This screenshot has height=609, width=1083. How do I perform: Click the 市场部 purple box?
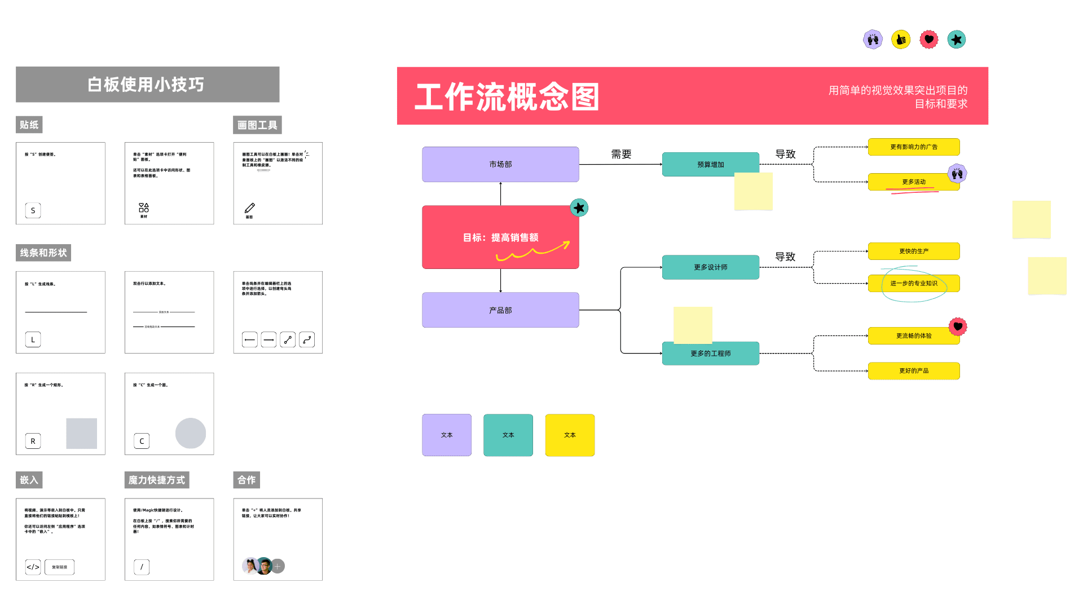[500, 164]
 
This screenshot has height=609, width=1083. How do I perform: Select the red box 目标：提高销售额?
[500, 237]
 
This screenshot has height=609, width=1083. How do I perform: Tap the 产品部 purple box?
[500, 310]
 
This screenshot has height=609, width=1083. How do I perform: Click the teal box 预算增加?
[710, 164]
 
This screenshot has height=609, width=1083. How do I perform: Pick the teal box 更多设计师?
[710, 267]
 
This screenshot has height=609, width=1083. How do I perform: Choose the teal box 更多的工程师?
[710, 354]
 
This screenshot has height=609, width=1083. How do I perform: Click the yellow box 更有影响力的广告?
[913, 147]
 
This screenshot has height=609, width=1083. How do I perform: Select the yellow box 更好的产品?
[913, 370]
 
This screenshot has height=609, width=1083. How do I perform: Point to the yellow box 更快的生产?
[913, 251]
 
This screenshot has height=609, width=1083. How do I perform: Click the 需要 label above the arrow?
[621, 154]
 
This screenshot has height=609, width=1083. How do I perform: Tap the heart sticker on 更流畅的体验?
[957, 326]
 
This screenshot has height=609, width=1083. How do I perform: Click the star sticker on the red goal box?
[579, 208]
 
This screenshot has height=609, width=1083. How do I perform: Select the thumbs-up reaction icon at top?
[900, 39]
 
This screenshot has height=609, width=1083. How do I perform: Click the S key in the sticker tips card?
[33, 210]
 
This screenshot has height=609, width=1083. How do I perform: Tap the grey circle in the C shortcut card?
[191, 433]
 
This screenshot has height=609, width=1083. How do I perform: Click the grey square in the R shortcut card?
[82, 433]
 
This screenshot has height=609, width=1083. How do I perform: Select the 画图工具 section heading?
[257, 125]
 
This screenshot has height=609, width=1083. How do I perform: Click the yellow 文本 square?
[570, 435]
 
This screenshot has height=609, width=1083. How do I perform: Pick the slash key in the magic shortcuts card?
[142, 567]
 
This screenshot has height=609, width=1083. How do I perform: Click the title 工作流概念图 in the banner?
[507, 96]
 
